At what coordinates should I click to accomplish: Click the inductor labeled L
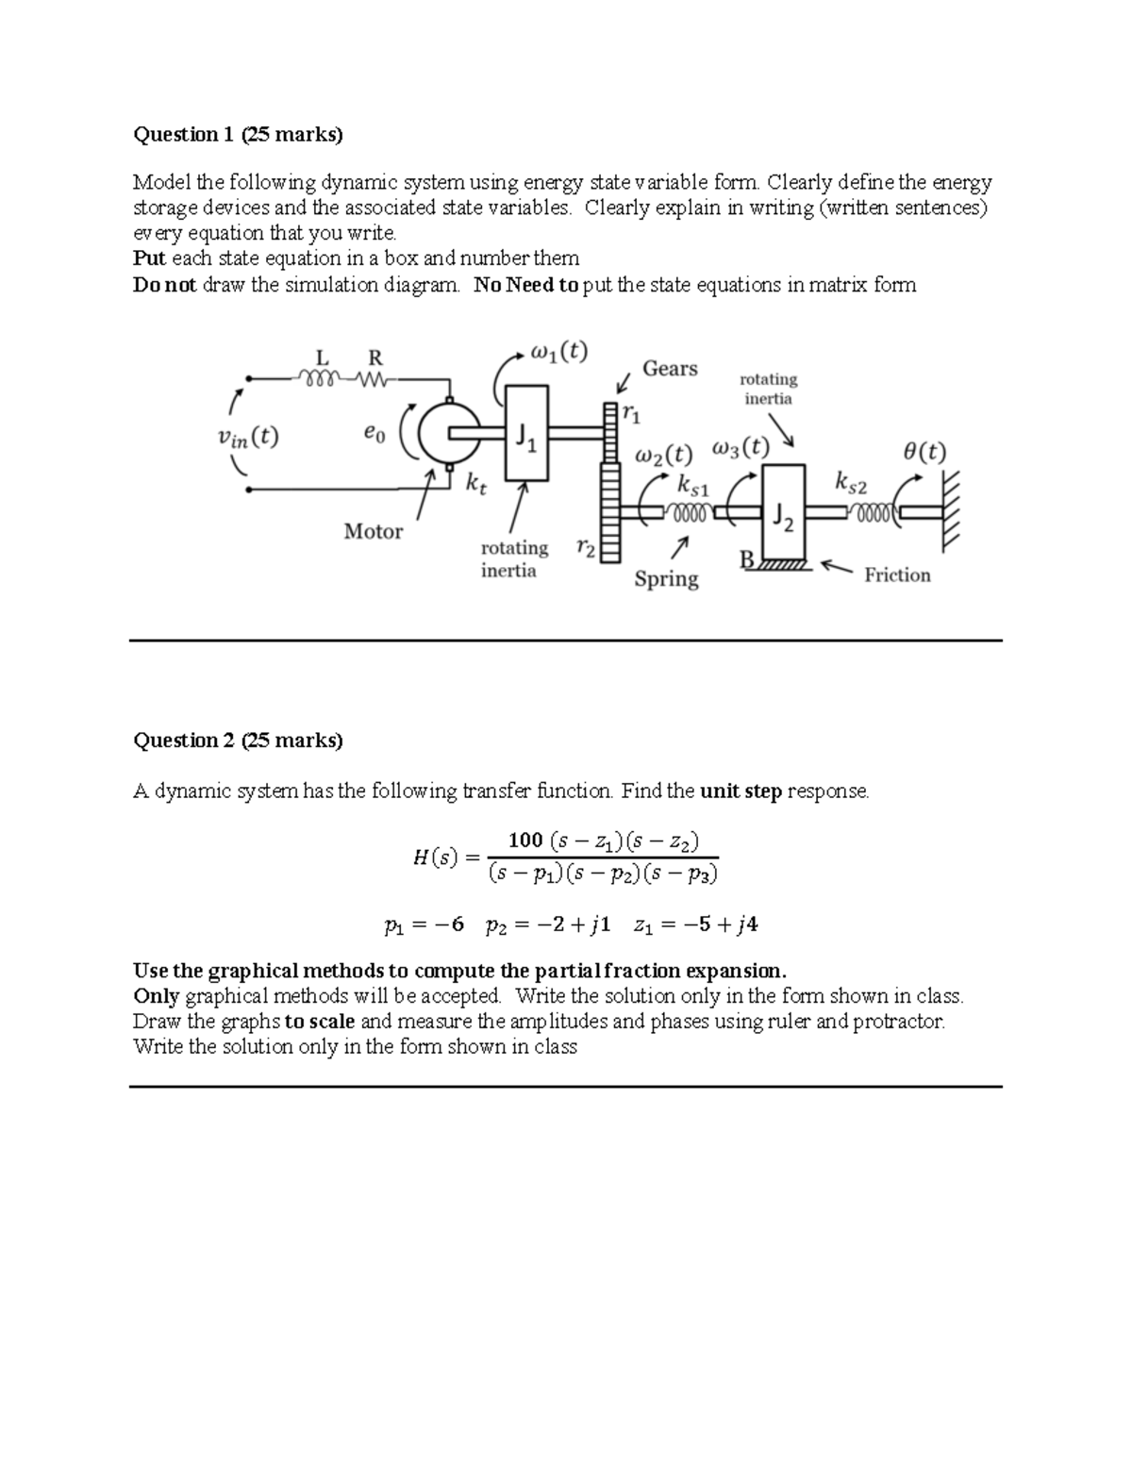click(318, 379)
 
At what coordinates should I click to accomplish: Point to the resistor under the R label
click(374, 379)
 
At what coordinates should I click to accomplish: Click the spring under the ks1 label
click(690, 512)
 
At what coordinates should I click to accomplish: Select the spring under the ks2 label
click(873, 512)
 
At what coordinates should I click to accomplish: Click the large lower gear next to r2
click(610, 514)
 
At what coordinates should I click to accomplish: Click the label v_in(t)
click(247, 438)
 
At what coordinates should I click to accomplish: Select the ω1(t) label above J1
click(558, 353)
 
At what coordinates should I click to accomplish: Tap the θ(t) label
click(924, 451)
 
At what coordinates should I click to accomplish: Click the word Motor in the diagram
click(373, 532)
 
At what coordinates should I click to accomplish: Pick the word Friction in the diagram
click(897, 574)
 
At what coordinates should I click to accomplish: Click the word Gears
click(670, 369)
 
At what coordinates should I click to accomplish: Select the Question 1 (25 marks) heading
click(238, 135)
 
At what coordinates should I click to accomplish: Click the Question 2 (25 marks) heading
click(238, 741)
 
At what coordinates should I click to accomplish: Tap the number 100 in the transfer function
click(524, 840)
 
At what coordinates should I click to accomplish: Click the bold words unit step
click(741, 791)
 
